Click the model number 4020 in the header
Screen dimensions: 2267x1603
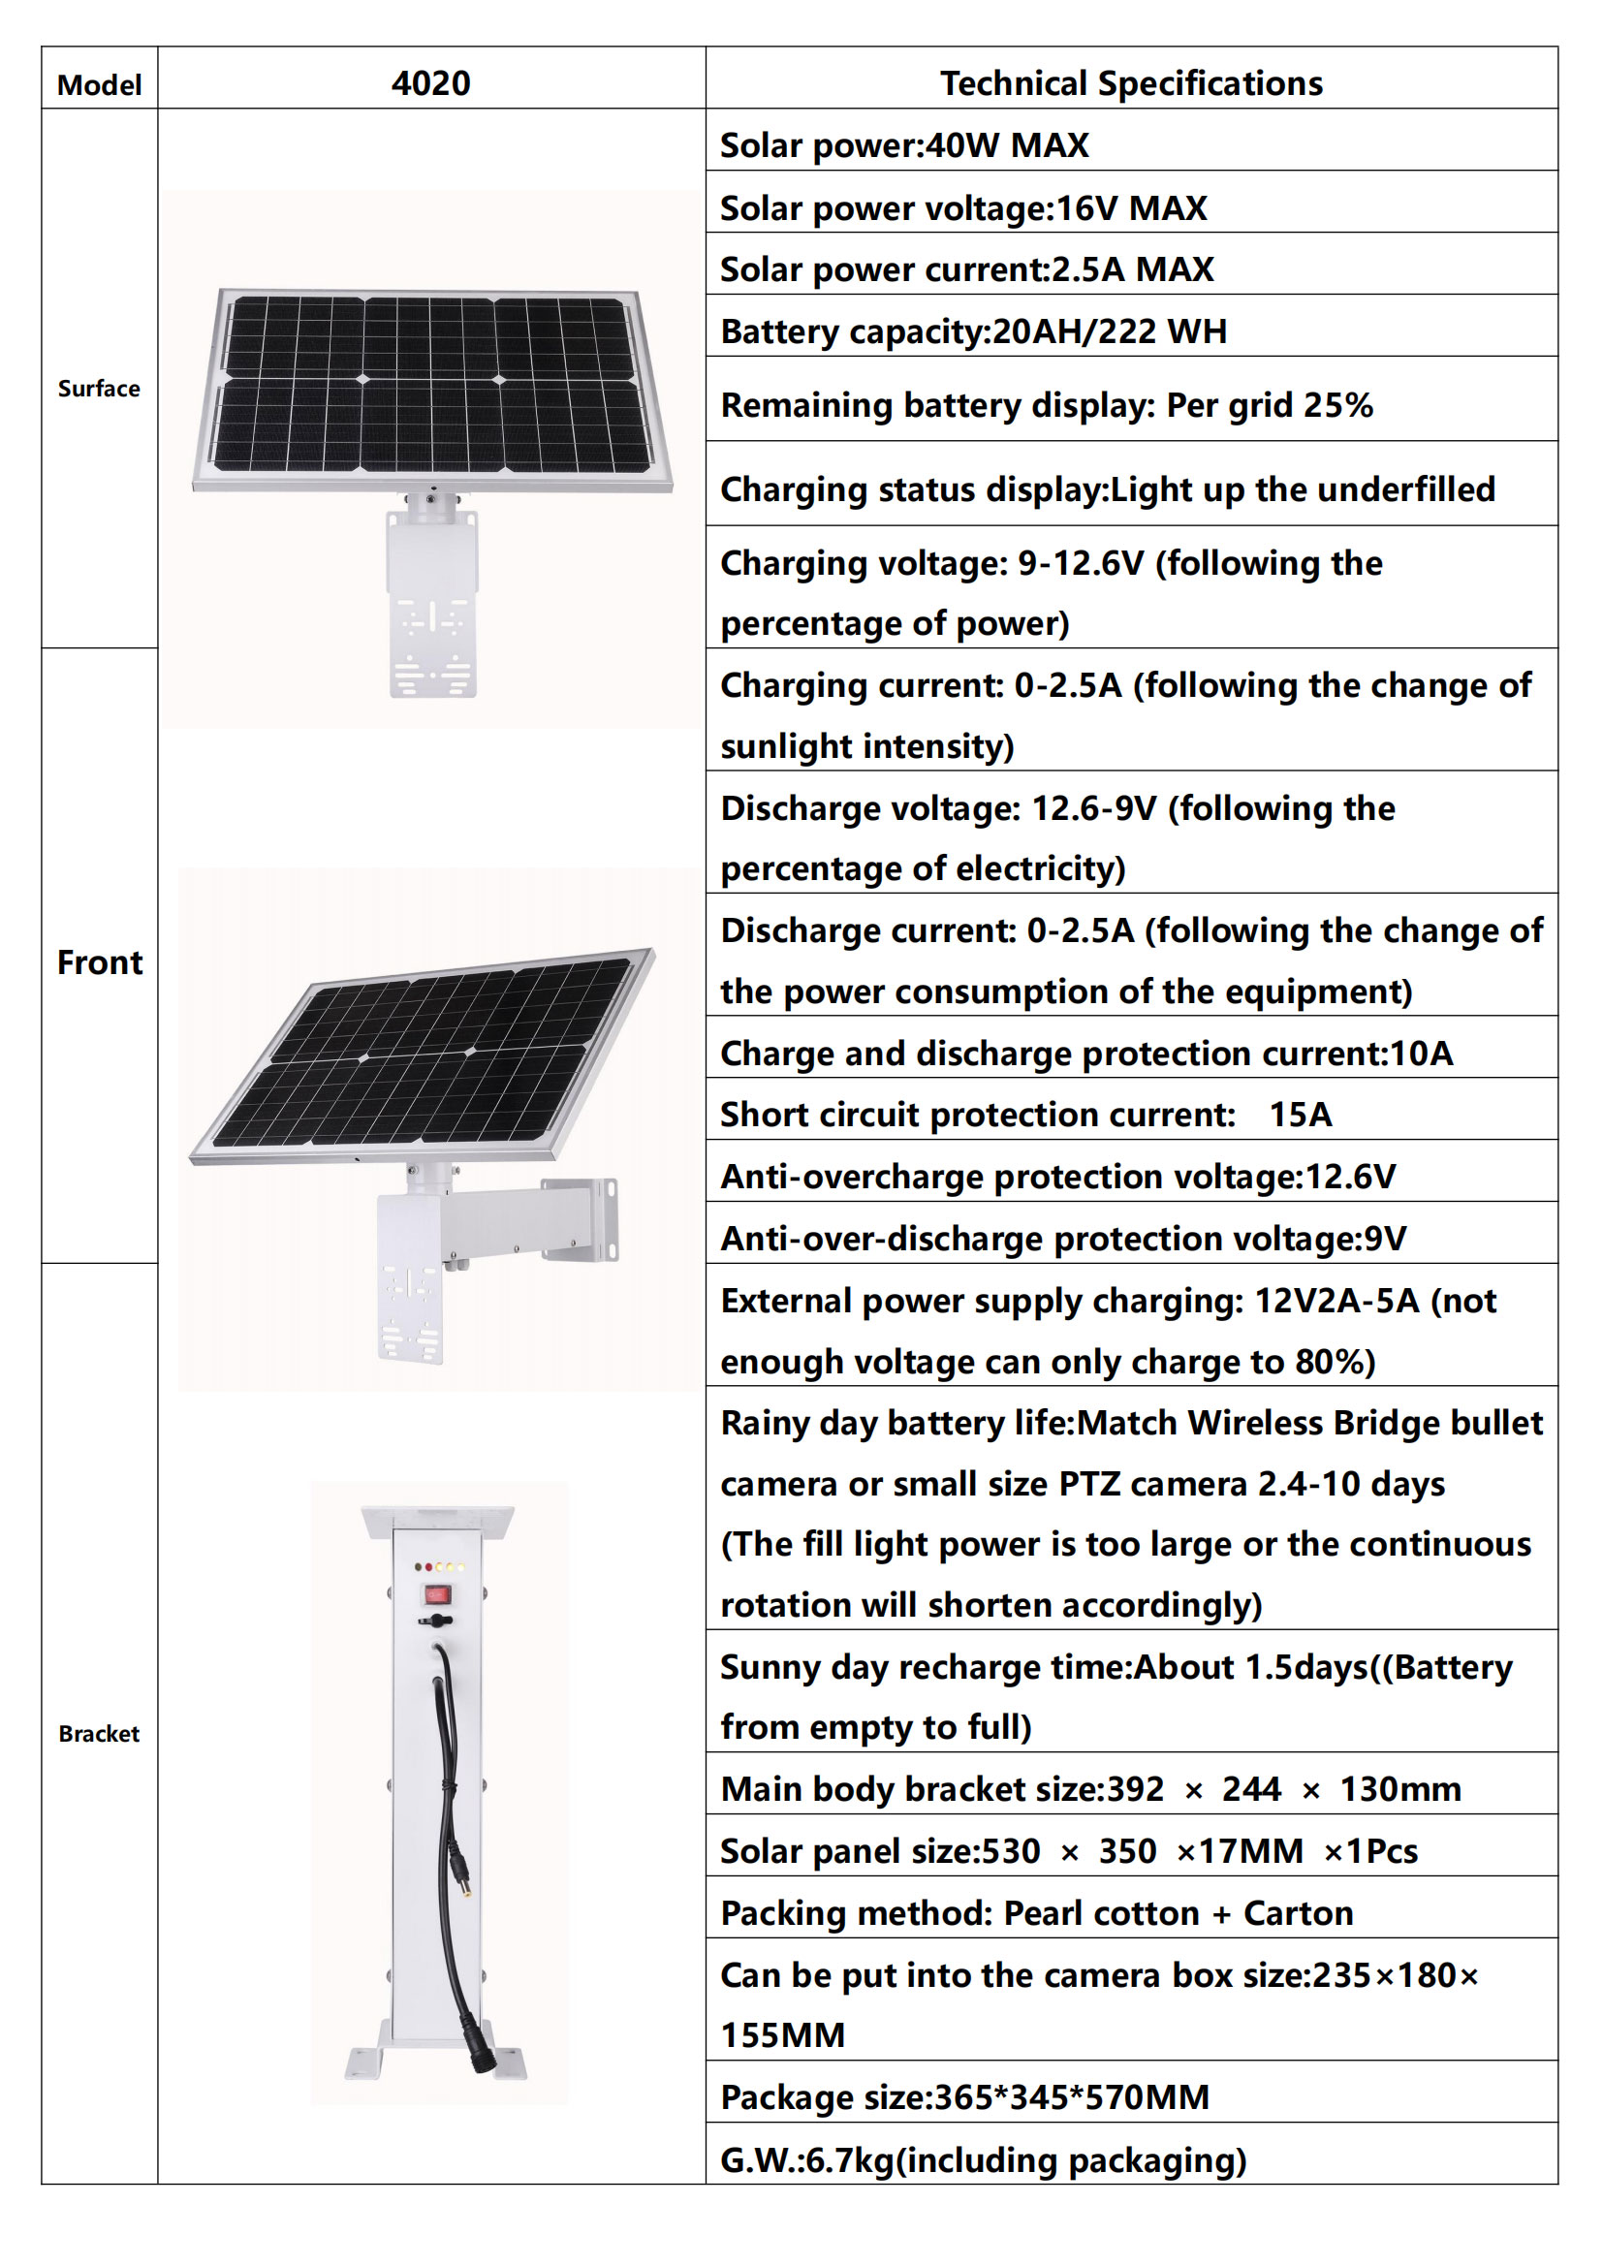430,83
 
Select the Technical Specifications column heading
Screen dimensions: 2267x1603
1130,83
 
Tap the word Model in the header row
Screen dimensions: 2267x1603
99,85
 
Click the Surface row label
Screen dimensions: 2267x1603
99,388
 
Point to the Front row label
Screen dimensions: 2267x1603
100,961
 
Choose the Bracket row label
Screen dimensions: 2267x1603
99,1733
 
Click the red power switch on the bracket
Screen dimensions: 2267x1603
436,1593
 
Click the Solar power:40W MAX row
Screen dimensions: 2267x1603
904,145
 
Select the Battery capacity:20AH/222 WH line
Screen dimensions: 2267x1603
973,331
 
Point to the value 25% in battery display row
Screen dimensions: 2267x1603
1337,405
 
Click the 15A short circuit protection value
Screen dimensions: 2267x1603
1300,1114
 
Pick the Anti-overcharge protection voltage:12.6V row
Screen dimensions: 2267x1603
1057,1176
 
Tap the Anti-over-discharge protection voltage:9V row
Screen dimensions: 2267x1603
1063,1238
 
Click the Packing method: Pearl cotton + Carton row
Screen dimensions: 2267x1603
1036,1912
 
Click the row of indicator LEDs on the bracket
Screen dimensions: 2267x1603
439,1567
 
